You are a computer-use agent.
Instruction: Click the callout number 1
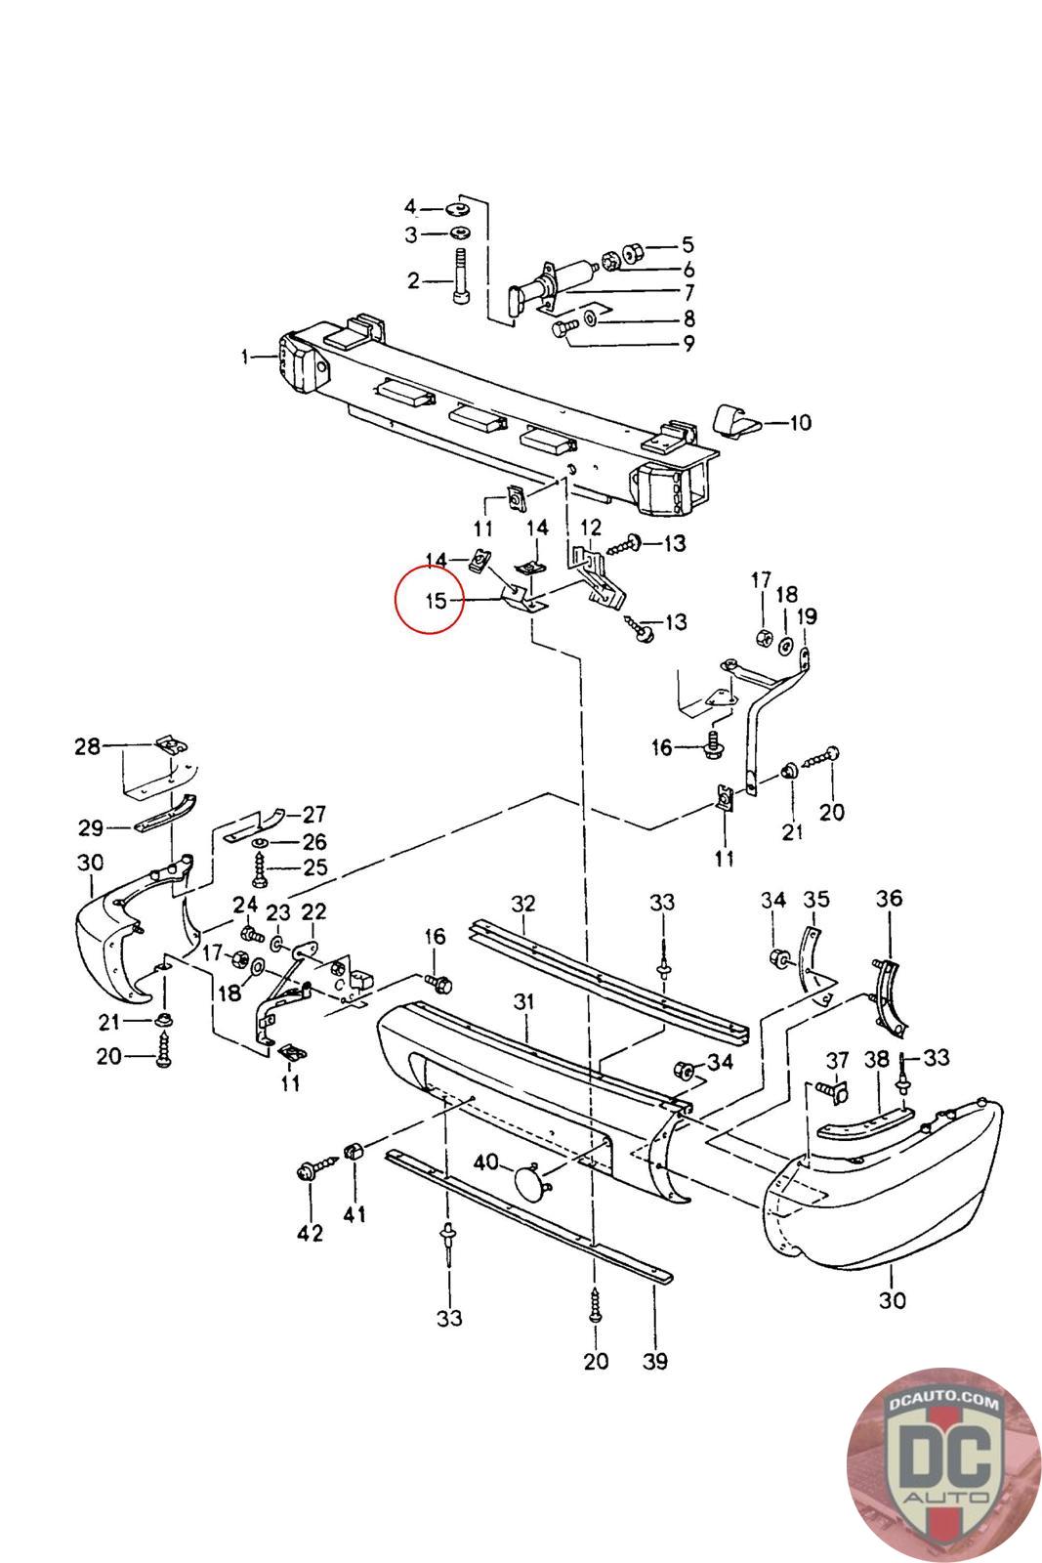click(x=245, y=357)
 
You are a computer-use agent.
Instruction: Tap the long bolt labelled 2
click(x=461, y=278)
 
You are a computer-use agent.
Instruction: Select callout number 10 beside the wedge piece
click(x=800, y=423)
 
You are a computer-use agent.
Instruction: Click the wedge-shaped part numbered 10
click(x=738, y=420)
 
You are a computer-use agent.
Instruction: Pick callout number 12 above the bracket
click(x=590, y=528)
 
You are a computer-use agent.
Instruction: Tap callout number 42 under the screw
click(x=310, y=1234)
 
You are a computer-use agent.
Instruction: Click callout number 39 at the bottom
click(x=656, y=1360)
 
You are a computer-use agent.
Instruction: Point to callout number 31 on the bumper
click(x=525, y=1002)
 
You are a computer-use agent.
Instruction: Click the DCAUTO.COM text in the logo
click(x=944, y=1402)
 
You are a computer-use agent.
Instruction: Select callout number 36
click(x=889, y=899)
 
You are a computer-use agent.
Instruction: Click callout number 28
click(x=88, y=746)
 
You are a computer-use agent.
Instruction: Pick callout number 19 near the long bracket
click(x=807, y=616)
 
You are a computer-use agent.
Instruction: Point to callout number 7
click(x=688, y=292)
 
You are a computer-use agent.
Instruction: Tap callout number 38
click(x=877, y=1058)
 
